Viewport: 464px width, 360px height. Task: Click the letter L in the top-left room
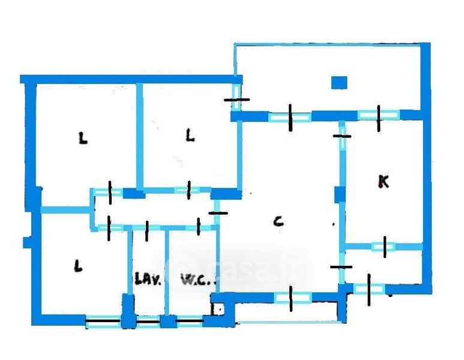pos(83,138)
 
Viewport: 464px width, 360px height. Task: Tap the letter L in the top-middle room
pos(190,136)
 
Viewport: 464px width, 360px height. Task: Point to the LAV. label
pos(148,278)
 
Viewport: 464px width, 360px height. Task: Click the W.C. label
pos(198,278)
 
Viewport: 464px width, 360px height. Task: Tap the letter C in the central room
pos(278,221)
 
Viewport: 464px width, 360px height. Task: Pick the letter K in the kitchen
pos(384,181)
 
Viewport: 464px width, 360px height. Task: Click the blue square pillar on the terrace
pos(339,83)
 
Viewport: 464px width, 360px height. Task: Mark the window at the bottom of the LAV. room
pos(148,322)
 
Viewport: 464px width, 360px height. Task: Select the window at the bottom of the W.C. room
pos(190,321)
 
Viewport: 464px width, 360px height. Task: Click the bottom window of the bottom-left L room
pos(103,322)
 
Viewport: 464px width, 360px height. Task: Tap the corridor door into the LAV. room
pos(146,228)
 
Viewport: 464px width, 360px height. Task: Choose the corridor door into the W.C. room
pos(199,227)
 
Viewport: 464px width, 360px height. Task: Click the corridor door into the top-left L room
pos(110,193)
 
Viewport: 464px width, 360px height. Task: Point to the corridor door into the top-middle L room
pos(189,190)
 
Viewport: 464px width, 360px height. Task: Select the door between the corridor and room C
pos(217,212)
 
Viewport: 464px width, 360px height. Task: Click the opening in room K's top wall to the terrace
pos(379,115)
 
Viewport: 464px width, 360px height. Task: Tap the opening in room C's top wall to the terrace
pos(291,118)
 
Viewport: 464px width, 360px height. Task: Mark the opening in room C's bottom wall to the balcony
pos(291,298)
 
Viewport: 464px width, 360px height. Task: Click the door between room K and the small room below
pos(384,247)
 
